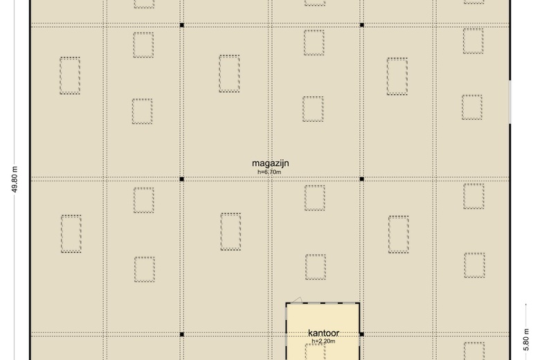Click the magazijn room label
(270, 163)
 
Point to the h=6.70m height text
(270, 172)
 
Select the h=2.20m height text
(323, 341)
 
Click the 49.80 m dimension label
(15, 179)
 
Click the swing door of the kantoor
(296, 300)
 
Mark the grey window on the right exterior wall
(510, 102)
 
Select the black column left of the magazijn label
(182, 179)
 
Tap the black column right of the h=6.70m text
(361, 179)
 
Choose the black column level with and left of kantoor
(182, 334)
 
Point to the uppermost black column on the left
(182, 26)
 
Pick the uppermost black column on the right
(361, 26)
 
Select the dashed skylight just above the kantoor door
(315, 267)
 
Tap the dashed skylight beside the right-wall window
(472, 107)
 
